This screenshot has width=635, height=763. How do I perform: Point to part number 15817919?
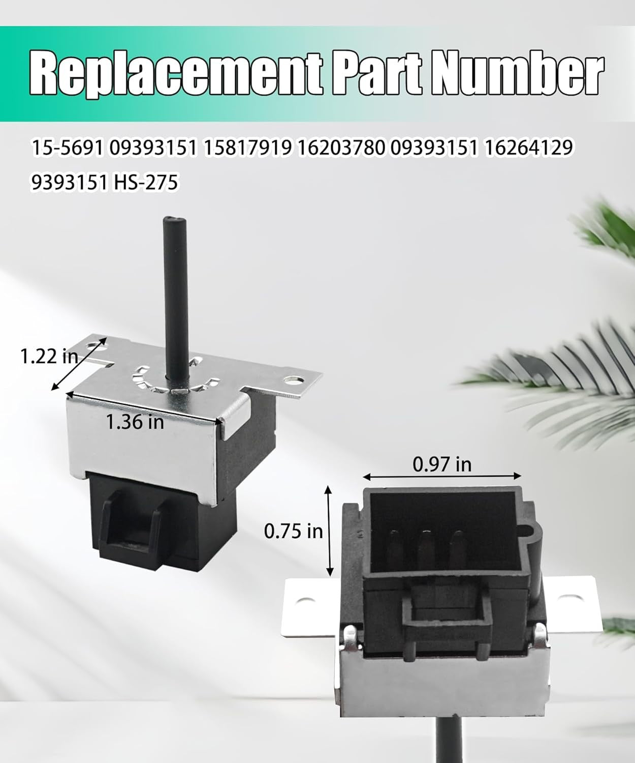click(x=248, y=148)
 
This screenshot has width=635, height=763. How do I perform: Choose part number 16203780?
click(x=341, y=148)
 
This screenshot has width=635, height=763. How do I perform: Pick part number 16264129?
click(x=528, y=148)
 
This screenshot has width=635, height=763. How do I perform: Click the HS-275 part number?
click(x=146, y=182)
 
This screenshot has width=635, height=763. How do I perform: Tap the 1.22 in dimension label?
click(x=49, y=356)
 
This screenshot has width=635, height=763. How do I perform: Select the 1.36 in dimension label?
click(x=135, y=422)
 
